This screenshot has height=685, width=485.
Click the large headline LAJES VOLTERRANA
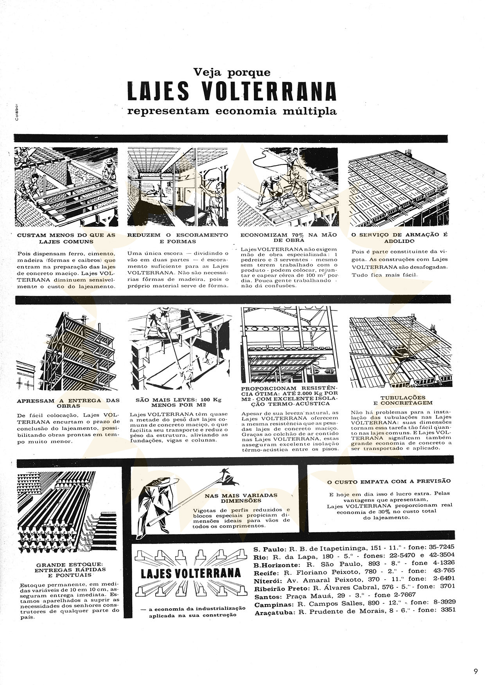pyautogui.click(x=232, y=92)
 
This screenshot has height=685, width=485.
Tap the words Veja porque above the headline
pyautogui.click(x=232, y=72)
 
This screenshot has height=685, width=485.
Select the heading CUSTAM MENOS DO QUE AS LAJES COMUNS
pyautogui.click(x=66, y=238)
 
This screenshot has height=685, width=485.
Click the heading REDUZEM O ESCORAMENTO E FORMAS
pyautogui.click(x=178, y=238)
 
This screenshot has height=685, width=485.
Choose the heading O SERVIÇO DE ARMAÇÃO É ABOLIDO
pyautogui.click(x=399, y=238)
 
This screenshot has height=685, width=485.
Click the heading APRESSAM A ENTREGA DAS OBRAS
pyautogui.click(x=68, y=403)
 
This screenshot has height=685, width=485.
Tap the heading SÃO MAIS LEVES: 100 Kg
pyautogui.click(x=178, y=400)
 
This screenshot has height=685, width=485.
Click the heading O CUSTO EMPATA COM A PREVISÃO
pyautogui.click(x=389, y=482)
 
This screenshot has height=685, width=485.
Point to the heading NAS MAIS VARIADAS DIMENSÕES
pyautogui.click(x=241, y=498)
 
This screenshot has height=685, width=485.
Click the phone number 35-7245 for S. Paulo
pyautogui.click(x=441, y=547)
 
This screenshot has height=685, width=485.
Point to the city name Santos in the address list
pyautogui.click(x=268, y=597)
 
